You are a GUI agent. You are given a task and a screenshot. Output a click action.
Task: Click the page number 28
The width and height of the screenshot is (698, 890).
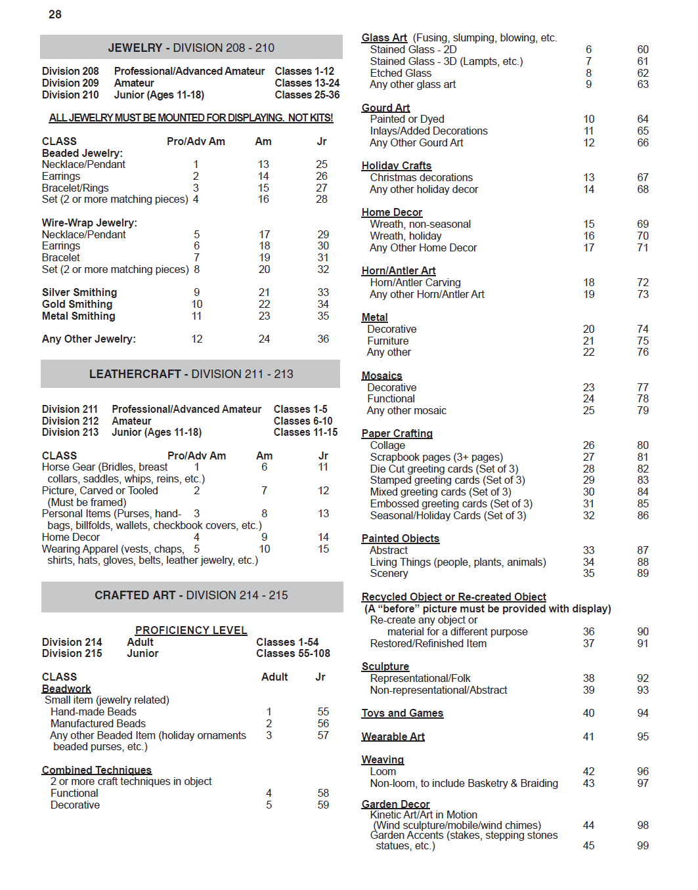[55, 14]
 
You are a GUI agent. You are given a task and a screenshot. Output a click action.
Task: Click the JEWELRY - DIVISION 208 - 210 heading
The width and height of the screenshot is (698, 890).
[191, 48]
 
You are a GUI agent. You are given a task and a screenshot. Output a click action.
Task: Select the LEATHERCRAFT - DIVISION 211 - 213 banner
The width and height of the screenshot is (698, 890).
[191, 374]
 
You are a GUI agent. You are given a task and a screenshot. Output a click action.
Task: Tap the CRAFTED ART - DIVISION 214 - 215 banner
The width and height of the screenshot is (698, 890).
[191, 595]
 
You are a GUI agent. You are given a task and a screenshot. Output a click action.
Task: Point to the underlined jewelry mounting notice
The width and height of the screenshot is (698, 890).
[191, 118]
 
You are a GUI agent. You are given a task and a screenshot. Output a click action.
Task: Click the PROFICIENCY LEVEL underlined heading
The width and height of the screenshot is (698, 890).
[191, 631]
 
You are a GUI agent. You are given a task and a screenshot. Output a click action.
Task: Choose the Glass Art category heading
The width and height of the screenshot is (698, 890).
[384, 38]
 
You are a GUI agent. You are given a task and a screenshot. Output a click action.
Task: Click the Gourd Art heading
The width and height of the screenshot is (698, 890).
[385, 108]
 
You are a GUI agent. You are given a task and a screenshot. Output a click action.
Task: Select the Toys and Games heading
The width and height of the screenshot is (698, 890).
[402, 713]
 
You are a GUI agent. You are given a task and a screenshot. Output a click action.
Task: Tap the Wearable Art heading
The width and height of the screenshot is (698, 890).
[393, 737]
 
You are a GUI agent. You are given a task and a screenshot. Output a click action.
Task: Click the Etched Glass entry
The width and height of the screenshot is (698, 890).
[401, 74]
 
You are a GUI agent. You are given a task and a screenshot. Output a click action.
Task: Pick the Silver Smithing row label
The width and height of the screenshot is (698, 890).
[79, 293]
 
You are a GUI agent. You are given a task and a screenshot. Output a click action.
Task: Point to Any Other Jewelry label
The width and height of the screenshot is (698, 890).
[89, 339]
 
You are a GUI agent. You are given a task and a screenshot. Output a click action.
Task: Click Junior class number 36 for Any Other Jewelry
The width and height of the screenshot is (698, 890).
[323, 339]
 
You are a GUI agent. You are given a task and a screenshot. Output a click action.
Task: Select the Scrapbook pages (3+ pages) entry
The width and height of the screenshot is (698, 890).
[436, 457]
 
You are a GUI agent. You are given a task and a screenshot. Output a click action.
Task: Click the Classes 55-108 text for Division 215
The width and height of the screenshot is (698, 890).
[293, 654]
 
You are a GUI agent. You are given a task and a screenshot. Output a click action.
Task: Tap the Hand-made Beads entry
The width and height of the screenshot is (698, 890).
[93, 712]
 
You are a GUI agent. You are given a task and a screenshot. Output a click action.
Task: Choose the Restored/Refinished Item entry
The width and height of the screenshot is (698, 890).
[428, 644]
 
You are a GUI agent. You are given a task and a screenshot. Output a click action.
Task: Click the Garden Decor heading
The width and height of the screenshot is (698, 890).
[395, 804]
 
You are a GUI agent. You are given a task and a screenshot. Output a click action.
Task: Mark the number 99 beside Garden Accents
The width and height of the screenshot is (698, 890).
[643, 846]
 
